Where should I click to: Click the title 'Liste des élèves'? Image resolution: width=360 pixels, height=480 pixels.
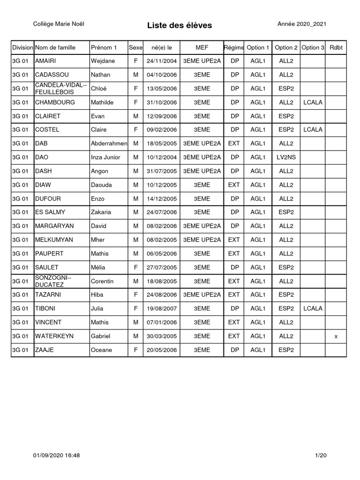[x=180, y=25]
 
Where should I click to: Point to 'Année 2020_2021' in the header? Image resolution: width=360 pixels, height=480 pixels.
[x=302, y=24]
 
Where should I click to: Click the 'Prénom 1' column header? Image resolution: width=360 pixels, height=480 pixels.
[x=104, y=47]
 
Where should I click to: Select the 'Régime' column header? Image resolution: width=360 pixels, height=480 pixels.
[x=233, y=47]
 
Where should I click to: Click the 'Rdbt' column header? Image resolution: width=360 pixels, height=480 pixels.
[x=336, y=47]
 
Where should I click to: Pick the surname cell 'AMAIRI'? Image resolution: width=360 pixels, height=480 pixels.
[x=46, y=61]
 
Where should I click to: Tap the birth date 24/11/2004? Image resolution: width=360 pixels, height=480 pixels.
[x=161, y=61]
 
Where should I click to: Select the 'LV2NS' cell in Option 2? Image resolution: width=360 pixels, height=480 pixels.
[x=286, y=157]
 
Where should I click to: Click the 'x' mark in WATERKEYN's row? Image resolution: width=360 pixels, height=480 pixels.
[x=336, y=336]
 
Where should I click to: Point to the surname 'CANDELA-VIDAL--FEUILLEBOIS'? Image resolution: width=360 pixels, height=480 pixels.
[x=61, y=89]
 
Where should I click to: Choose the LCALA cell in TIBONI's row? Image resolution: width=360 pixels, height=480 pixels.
[x=313, y=308]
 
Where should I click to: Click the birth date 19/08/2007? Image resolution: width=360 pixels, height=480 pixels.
[x=161, y=308]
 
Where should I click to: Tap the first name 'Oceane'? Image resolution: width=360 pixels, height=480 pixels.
[x=101, y=350]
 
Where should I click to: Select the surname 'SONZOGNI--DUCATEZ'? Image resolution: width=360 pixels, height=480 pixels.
[x=51, y=281]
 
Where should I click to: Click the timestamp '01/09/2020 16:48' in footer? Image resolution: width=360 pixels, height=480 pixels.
[x=57, y=456]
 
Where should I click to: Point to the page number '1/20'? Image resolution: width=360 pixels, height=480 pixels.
[x=321, y=456]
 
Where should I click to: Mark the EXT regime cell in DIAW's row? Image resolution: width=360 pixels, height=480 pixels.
[x=233, y=185]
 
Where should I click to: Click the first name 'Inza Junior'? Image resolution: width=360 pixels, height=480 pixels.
[x=105, y=157]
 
